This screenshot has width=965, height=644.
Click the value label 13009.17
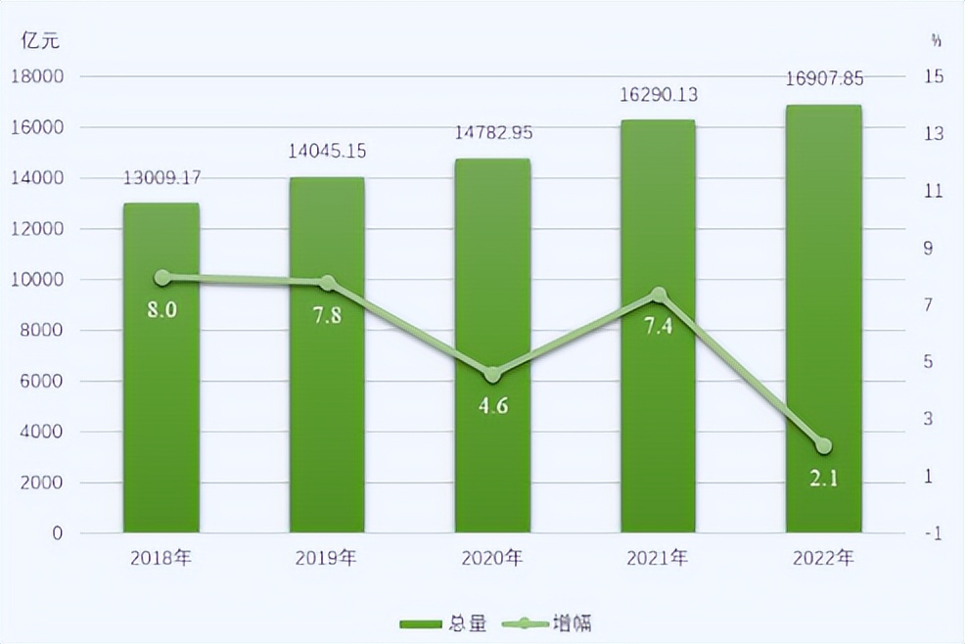coord(161,178)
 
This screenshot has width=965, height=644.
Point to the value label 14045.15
coord(327,151)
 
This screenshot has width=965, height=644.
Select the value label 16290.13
coord(658,95)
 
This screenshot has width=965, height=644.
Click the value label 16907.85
coord(823,79)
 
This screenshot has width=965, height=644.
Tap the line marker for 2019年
coord(327,284)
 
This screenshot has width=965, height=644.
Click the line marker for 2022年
coord(823,446)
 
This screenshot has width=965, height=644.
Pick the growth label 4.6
coord(492,405)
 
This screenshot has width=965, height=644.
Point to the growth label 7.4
coord(658,326)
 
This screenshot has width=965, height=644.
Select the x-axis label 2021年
coord(658,559)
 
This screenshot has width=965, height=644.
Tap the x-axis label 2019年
coord(327,559)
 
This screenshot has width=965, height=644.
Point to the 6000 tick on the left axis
coord(41,382)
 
